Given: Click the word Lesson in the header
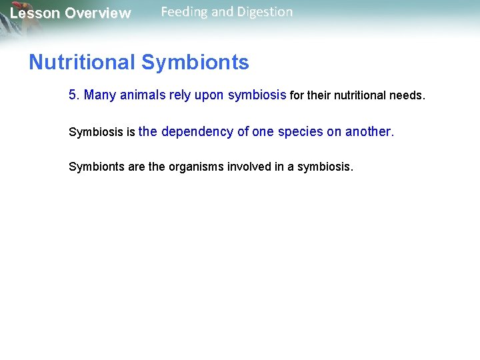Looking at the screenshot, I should pos(35,13).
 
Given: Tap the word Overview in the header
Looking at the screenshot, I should pos(98,13).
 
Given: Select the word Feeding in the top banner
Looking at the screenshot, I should pos(184,12).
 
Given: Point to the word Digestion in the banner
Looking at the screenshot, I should pos(263,12).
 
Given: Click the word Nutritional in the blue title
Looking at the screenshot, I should pos(82,63).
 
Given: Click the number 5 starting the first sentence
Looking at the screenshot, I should pos(73,95).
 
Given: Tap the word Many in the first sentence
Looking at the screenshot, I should pos(99,95).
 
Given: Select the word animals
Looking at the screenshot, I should pos(142,95).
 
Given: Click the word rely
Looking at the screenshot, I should pos(180,95).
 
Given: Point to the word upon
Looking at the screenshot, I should pos(209,95).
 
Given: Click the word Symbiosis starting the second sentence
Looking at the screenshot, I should pos(96,132).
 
